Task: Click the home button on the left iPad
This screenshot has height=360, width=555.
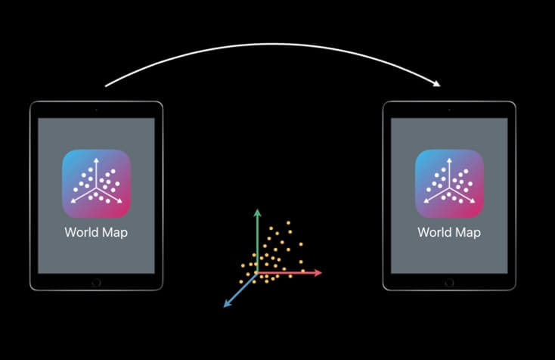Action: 96,282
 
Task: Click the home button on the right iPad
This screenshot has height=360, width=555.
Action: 449,282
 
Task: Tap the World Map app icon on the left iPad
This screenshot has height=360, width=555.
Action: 96,183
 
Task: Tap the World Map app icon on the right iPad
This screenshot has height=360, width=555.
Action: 449,183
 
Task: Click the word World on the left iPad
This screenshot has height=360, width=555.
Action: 80,232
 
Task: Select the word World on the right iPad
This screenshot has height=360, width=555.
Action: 433,232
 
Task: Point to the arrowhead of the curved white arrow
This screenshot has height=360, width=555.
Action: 439,83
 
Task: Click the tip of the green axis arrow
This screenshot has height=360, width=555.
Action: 257,210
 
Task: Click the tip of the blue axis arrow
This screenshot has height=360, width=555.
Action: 225,306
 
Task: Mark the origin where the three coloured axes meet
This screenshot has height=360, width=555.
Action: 257,272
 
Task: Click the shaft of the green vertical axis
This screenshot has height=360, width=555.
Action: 257,242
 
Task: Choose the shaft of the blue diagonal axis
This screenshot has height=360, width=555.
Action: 241,289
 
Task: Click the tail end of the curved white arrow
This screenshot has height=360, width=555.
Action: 106,85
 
